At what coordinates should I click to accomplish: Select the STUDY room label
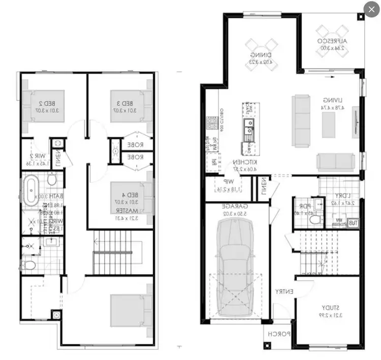click(326, 307)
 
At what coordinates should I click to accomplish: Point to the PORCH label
click(279, 334)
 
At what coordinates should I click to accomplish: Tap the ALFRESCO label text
click(332, 40)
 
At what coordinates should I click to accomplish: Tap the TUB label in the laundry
click(352, 222)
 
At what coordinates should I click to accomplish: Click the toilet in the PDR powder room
click(314, 220)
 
